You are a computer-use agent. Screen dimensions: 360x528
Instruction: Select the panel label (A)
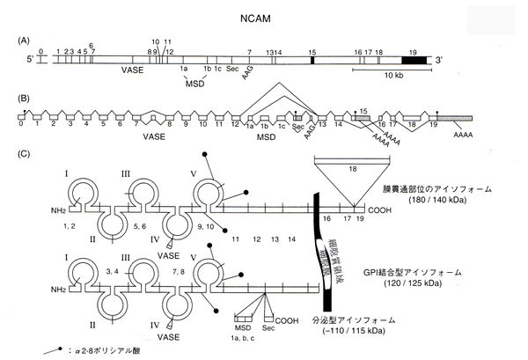[24, 40]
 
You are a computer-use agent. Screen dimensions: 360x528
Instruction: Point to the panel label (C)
[24, 156]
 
